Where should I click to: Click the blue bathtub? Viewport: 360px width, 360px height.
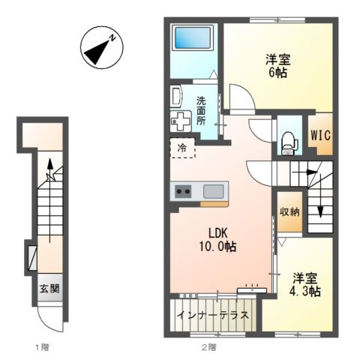tap(193, 37)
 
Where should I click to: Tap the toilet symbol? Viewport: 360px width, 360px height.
tap(289, 143)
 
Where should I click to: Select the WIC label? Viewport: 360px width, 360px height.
tap(321, 135)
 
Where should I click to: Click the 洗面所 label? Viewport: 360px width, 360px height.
tap(201, 111)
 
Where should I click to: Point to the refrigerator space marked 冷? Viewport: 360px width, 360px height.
tap(182, 148)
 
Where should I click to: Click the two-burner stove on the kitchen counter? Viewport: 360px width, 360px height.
tap(183, 191)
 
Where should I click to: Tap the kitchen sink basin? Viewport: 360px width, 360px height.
tap(213, 191)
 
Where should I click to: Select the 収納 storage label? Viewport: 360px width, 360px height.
tap(289, 212)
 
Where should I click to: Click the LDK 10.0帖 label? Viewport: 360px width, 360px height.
tap(217, 240)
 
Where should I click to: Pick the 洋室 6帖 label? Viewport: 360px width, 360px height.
tap(278, 66)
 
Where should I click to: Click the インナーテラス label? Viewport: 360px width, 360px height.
tap(213, 315)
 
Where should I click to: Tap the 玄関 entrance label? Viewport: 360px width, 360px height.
tap(49, 289)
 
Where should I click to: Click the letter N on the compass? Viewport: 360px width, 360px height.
tap(112, 38)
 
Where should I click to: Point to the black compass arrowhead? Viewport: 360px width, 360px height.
tap(97, 52)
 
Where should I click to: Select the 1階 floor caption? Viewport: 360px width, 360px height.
tap(43, 347)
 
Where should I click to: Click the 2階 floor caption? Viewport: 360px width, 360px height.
tap(208, 347)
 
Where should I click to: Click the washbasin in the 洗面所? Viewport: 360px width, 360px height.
tap(176, 96)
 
